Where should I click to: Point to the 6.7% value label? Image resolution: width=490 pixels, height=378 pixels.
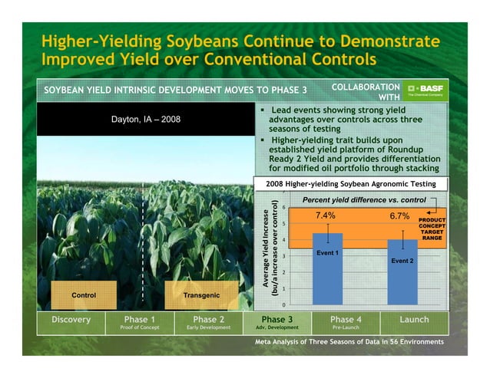click(399, 216)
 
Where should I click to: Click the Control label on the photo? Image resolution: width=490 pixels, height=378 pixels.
click(84, 294)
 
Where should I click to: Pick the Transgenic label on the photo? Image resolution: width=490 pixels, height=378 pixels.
click(201, 294)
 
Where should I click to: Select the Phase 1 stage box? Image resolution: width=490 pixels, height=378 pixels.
click(140, 321)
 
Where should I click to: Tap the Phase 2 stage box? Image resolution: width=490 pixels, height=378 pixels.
click(208, 321)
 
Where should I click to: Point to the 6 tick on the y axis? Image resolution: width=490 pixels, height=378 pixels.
click(283, 207)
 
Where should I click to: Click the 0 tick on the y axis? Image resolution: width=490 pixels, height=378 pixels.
click(283, 306)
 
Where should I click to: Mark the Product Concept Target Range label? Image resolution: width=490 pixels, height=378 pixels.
click(431, 228)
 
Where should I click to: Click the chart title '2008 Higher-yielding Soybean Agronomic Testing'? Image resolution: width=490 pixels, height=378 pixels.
click(349, 184)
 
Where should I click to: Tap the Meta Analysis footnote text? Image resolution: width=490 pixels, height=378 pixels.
click(349, 341)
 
